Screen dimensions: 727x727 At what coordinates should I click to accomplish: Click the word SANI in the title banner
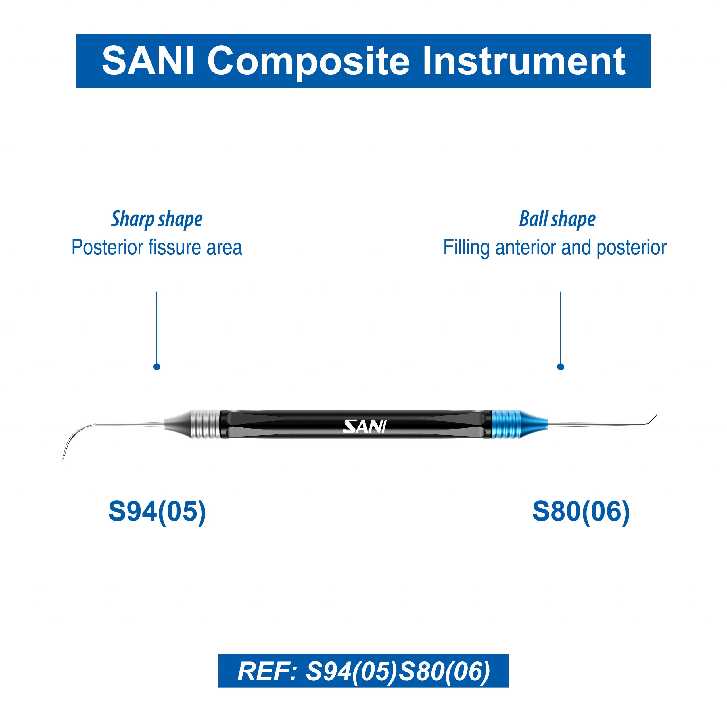148,60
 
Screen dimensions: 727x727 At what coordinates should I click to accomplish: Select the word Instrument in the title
524,60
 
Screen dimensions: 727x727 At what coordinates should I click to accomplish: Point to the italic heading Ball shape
557,220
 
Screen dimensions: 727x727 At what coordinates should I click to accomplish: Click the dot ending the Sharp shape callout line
157,367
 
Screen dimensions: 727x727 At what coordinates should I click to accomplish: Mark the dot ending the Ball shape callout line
561,367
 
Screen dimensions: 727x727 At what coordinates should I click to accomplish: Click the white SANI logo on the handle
365,426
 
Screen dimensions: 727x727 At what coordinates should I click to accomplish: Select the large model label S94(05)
157,511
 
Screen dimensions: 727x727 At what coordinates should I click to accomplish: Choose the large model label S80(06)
581,511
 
